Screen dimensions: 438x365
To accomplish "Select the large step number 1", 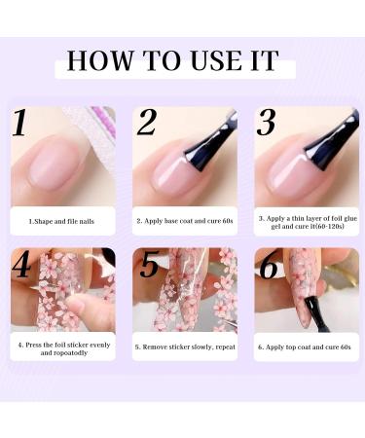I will [x=19, y=124].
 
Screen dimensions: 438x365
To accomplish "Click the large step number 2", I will [x=146, y=123].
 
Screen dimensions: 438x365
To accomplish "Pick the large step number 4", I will [x=22, y=266].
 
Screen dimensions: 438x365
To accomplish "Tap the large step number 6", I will [x=269, y=266].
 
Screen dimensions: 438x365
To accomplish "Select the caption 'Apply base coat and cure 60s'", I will [x=184, y=221].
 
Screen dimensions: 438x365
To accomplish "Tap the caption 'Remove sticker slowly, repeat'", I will [x=184, y=347].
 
